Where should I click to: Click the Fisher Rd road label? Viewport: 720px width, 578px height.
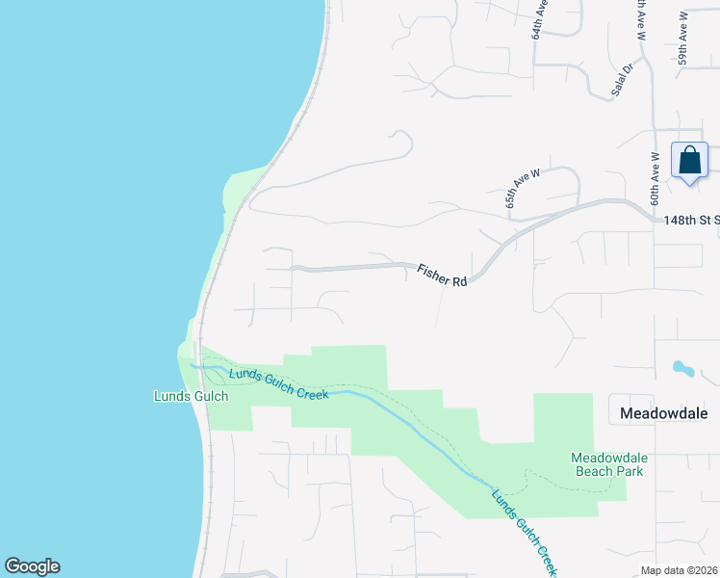coord(442,275)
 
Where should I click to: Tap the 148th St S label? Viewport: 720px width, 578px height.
coord(692,221)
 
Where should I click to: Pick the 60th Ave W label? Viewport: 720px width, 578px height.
coord(654,182)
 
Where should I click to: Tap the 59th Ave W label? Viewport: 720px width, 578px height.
coord(682,38)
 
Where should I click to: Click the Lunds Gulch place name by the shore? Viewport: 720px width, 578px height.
coord(191,396)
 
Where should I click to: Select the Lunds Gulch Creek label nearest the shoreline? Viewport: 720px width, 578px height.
coord(279,383)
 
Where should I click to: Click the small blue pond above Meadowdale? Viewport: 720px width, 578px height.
coord(682,369)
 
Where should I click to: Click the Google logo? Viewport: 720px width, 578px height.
coord(32,566)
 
